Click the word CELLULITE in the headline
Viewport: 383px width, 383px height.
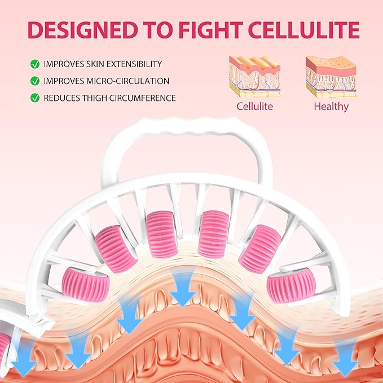(303, 30)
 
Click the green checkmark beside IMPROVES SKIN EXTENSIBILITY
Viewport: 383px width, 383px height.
(35, 64)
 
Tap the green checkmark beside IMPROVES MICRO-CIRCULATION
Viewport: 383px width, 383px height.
(35, 81)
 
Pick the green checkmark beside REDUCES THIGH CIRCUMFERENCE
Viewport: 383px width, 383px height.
(35, 98)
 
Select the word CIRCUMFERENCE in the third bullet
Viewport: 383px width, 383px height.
(142, 98)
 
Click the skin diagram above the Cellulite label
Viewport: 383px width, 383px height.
(254, 76)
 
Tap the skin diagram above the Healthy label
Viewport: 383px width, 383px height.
(331, 77)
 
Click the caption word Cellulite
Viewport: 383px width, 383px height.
(254, 106)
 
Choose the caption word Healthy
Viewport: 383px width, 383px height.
(331, 107)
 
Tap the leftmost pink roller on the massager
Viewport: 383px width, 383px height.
(85, 285)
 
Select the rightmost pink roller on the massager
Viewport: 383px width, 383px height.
(291, 285)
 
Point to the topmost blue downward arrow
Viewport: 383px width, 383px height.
(183, 287)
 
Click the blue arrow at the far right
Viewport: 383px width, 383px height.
(345, 357)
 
